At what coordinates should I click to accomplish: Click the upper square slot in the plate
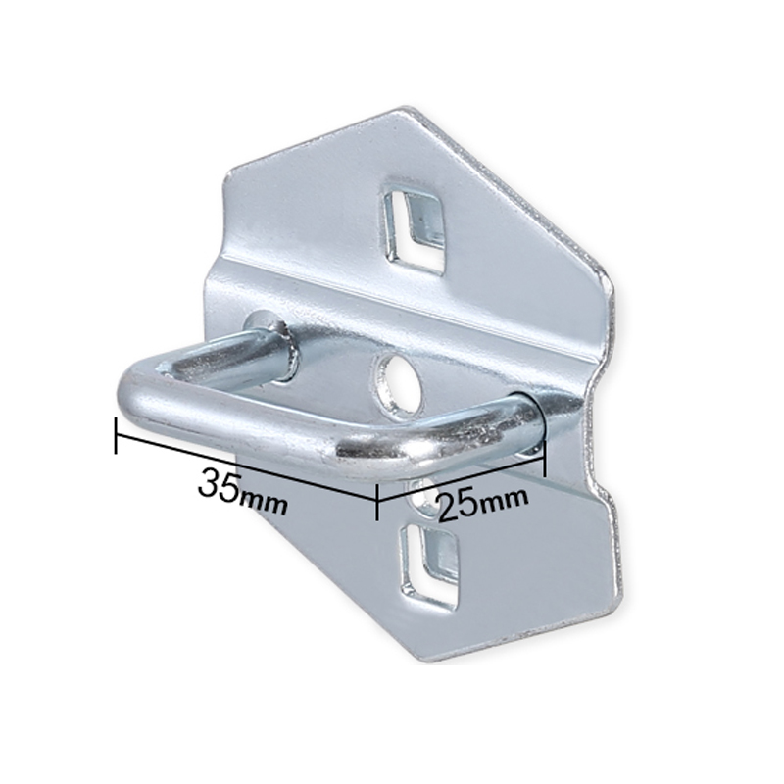[x=413, y=228]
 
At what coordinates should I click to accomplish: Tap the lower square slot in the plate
[x=429, y=566]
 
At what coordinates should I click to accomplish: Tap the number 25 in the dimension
[x=458, y=507]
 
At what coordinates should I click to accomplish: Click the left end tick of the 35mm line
[x=116, y=435]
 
